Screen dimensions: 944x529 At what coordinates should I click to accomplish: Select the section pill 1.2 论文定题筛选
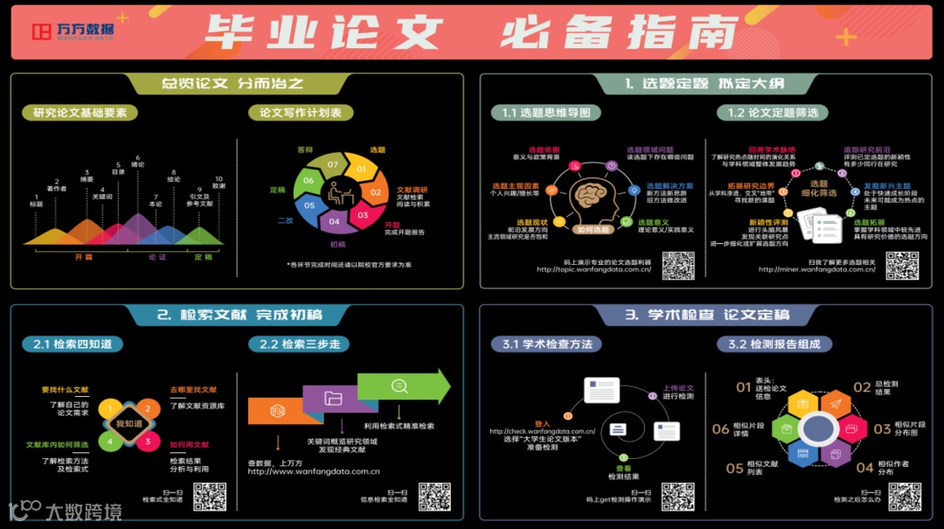(x=773, y=112)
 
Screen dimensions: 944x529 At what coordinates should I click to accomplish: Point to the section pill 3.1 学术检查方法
(x=546, y=344)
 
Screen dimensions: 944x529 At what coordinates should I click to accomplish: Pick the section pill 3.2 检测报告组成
(x=774, y=344)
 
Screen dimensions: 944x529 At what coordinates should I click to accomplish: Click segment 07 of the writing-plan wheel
(x=332, y=164)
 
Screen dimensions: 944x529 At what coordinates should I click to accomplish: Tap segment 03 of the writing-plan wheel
(x=363, y=214)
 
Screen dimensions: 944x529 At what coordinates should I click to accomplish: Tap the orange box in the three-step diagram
(x=277, y=410)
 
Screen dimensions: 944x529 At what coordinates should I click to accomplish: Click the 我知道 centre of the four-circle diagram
(x=128, y=424)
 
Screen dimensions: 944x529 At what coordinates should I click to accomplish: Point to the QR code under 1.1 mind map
(x=677, y=265)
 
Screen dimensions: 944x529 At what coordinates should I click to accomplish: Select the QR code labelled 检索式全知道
(x=210, y=496)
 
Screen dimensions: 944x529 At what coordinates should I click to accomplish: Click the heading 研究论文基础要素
(x=80, y=112)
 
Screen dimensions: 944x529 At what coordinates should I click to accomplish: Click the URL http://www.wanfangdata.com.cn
(x=314, y=472)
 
